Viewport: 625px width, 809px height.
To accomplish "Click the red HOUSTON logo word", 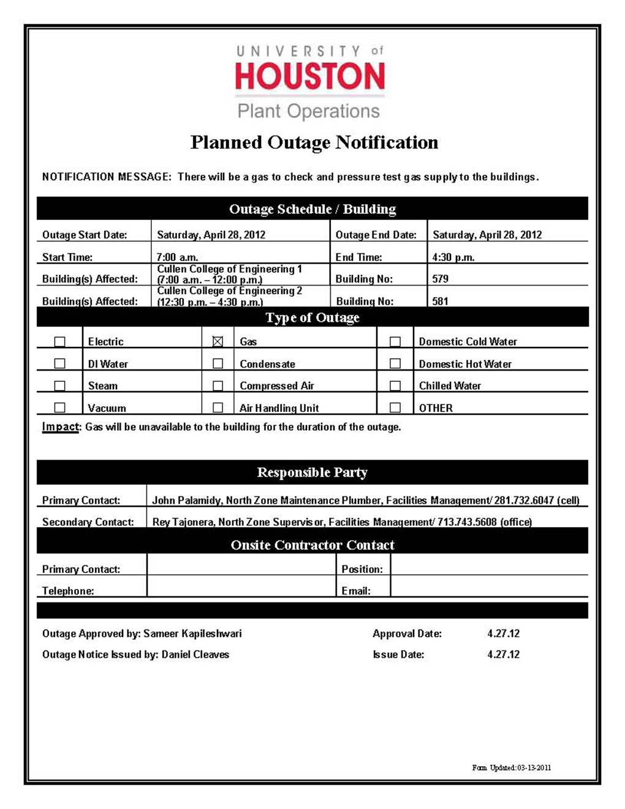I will pyautogui.click(x=310, y=77).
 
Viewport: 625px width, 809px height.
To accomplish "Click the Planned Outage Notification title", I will pyautogui.click(x=314, y=142).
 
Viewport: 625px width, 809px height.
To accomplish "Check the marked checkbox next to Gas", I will pyautogui.click(x=218, y=341).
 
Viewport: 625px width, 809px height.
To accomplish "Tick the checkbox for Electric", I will pyautogui.click(x=59, y=341).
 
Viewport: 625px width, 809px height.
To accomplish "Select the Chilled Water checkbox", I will pyautogui.click(x=395, y=386).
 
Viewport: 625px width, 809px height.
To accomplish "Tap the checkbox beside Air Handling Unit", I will pyautogui.click(x=218, y=408).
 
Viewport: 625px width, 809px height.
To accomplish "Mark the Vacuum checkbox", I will pyautogui.click(x=59, y=408).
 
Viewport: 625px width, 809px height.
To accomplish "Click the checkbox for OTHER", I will pyautogui.click(x=395, y=408).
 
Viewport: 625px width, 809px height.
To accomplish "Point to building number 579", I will pyautogui.click(x=440, y=279).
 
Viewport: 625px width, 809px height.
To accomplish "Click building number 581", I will pyautogui.click(x=440, y=301).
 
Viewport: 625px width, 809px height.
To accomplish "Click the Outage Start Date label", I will pyautogui.click(x=85, y=235).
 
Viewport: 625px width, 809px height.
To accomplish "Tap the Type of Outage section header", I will pyautogui.click(x=312, y=317).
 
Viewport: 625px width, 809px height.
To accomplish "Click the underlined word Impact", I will pyautogui.click(x=61, y=427).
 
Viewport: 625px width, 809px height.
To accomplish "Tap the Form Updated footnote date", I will pyautogui.click(x=534, y=767).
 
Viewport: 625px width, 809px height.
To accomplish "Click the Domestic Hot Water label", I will pyautogui.click(x=465, y=364).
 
